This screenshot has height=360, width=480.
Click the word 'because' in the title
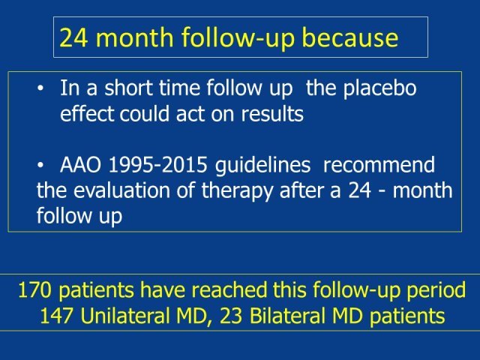(350, 37)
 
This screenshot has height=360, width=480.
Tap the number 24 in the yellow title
(73, 37)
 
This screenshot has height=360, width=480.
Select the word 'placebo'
(379, 88)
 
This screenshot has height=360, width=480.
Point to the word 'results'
(272, 113)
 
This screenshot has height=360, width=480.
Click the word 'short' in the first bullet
(128, 88)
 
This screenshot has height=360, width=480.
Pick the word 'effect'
(87, 113)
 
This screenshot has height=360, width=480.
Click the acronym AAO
(80, 165)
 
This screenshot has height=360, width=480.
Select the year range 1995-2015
(158, 165)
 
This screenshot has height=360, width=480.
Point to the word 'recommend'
(379, 165)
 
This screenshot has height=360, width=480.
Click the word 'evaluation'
(121, 190)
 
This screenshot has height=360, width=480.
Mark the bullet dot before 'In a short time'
(40, 88)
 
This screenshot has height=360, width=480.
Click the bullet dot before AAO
(40, 166)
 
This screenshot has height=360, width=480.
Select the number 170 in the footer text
(34, 290)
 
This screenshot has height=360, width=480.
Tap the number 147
(56, 316)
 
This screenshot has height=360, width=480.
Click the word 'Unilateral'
(125, 316)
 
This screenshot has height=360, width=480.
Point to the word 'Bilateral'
(287, 316)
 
